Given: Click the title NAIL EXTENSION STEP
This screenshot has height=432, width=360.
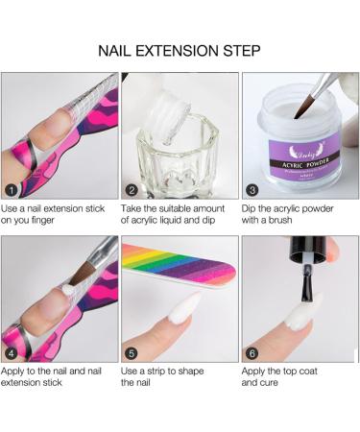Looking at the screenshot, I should pyautogui.click(x=180, y=49).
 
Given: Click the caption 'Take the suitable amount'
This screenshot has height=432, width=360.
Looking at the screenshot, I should pyautogui.click(x=178, y=208).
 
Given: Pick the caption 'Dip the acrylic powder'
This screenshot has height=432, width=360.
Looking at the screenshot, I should pyautogui.click(x=293, y=208).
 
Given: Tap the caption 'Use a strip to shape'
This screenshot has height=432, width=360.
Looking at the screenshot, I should pyautogui.click(x=173, y=369).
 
